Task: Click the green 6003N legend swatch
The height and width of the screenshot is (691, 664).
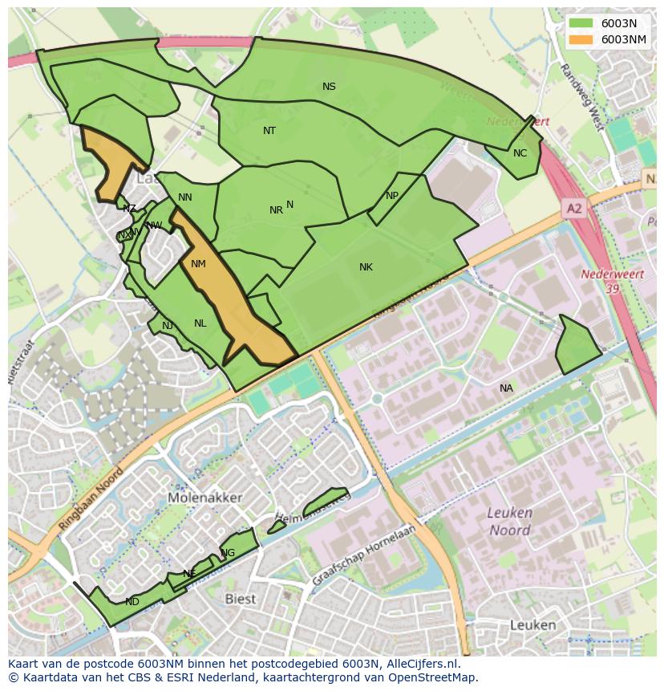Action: point(581,23)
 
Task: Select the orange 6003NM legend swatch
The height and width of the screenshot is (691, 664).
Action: point(581,39)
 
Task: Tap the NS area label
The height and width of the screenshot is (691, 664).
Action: point(329,87)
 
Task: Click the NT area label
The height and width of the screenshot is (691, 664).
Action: point(269,130)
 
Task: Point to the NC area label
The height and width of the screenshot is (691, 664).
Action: point(520,153)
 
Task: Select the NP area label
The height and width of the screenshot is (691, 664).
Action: point(391,196)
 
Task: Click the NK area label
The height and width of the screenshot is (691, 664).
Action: point(366,267)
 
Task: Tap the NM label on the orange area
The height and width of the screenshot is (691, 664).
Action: point(198,264)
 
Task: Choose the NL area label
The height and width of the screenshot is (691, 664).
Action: point(200,323)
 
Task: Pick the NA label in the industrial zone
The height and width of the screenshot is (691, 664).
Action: point(506,388)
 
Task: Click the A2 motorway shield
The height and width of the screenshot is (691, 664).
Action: point(574,209)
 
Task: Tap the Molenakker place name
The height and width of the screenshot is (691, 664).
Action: point(205,498)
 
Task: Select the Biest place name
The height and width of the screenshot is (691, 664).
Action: point(240,599)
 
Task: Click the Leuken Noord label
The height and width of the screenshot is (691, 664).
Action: point(510,522)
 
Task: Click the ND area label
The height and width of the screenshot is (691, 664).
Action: point(132,602)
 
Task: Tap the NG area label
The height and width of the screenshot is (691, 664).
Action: point(228,553)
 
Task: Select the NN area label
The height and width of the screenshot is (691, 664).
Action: point(185,197)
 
